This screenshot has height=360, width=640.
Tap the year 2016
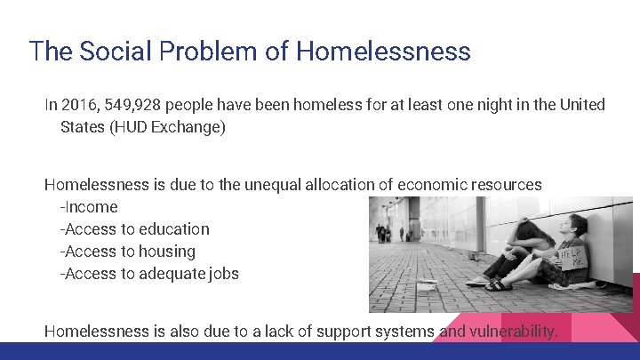80,105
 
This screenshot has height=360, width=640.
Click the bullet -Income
88,207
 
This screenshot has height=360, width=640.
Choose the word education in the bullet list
174,229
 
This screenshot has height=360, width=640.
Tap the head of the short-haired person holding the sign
578,224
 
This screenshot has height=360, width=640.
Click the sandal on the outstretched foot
498,285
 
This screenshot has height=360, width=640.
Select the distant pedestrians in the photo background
384,233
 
